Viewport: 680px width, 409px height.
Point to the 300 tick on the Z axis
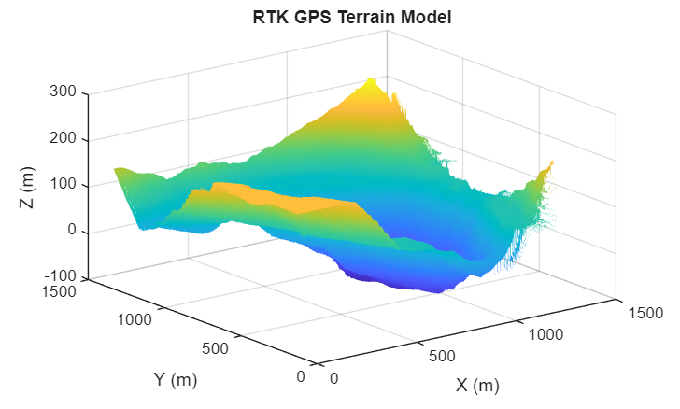[64, 93]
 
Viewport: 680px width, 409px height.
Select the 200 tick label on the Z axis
[64, 140]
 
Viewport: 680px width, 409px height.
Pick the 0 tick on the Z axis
[72, 233]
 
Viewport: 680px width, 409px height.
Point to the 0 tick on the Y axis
[300, 376]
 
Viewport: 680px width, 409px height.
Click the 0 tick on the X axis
[334, 377]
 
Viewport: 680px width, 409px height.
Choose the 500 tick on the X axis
[442, 356]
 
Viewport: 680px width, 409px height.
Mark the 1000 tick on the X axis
[541, 334]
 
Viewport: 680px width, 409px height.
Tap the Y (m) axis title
[175, 380]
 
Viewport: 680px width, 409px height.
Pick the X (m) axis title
[477, 385]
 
